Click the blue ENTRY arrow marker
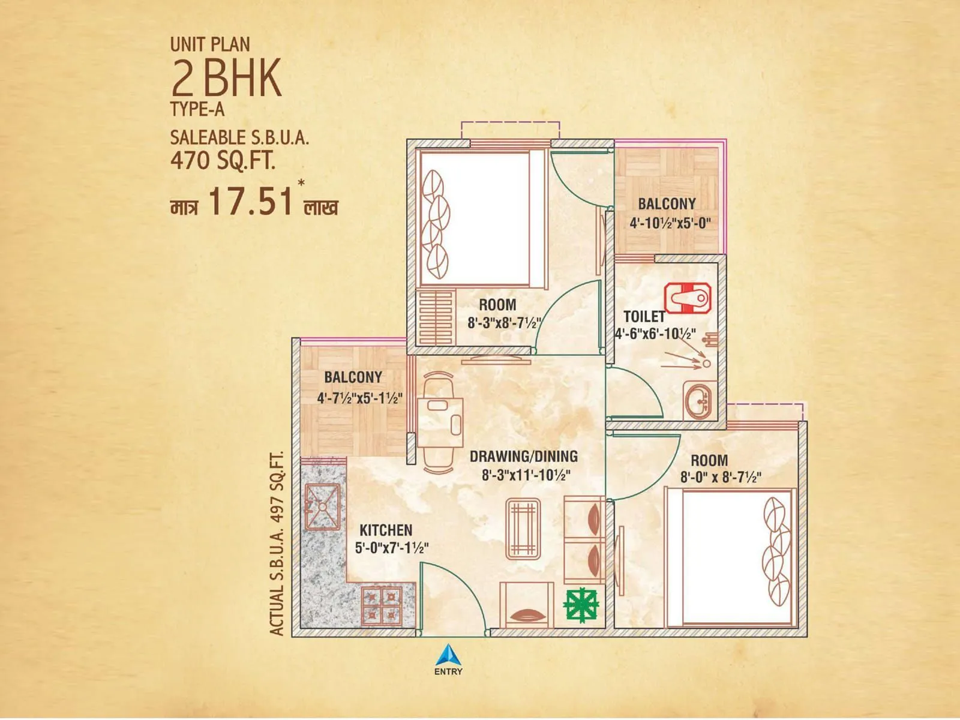click(448, 655)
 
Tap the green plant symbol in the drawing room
click(581, 605)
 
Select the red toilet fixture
click(688, 298)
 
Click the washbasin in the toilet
click(698, 400)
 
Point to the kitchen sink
click(322, 506)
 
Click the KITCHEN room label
click(386, 530)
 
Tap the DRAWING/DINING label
click(523, 456)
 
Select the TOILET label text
click(644, 316)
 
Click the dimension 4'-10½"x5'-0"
click(670, 223)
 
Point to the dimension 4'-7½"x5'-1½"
click(359, 398)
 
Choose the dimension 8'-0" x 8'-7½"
click(721, 478)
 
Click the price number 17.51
click(250, 201)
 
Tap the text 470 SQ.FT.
click(223, 161)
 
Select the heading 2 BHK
click(226, 78)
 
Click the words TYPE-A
click(197, 110)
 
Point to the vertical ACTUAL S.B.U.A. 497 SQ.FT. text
click(277, 543)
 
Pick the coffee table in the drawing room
click(523, 528)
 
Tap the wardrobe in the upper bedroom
click(435, 317)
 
